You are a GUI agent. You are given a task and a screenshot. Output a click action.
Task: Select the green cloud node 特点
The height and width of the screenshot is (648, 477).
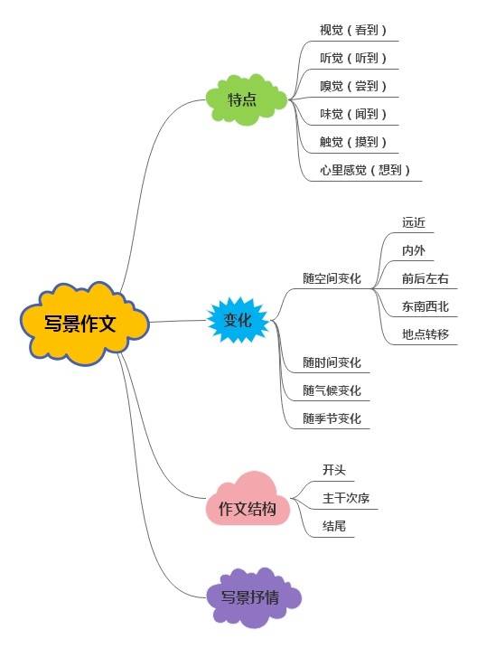[x=243, y=99]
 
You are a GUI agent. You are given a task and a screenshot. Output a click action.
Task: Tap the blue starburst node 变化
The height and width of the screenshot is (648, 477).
[x=238, y=319]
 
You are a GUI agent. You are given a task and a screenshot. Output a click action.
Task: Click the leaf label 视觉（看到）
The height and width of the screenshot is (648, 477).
[x=352, y=30]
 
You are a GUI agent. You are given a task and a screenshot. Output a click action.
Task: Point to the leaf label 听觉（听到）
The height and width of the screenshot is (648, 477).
[x=352, y=58]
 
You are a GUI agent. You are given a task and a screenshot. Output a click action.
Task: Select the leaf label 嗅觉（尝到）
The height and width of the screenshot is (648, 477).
[x=352, y=86]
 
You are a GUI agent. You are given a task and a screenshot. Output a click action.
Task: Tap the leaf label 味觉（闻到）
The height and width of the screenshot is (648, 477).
[x=352, y=114]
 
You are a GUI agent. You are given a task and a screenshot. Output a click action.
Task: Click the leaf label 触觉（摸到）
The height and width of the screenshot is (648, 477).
[x=352, y=142]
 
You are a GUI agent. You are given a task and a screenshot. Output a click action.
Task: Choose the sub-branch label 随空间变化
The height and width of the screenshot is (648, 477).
[x=332, y=278]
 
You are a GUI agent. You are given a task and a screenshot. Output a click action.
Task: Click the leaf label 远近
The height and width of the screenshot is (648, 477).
[x=415, y=221]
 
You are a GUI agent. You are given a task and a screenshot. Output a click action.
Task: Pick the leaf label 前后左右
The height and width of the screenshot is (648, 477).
[x=426, y=278]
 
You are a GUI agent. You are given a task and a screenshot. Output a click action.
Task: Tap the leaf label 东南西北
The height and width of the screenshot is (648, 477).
[x=426, y=306]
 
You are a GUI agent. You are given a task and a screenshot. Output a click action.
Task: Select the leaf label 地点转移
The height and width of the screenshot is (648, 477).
[x=426, y=334]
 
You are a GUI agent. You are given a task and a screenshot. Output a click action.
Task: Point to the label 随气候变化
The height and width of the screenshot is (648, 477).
[x=332, y=390]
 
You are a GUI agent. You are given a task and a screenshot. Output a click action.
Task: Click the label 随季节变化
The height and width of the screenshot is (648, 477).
[x=332, y=418]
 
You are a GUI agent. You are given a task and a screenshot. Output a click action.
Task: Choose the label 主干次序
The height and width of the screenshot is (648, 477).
[x=347, y=498]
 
